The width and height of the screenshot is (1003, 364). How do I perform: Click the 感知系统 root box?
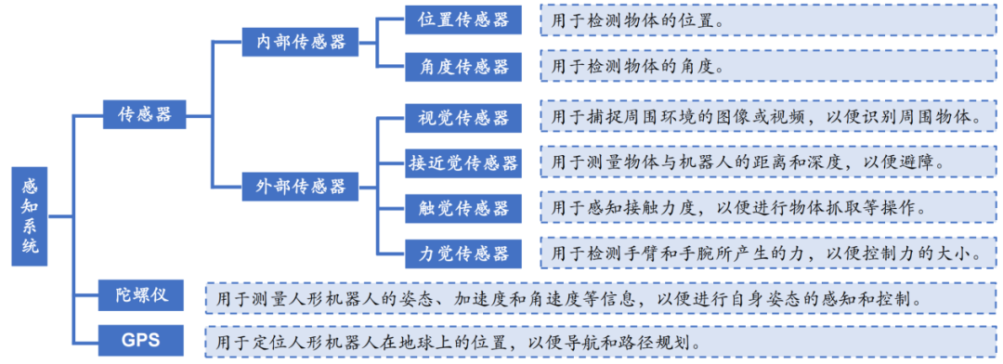click(31, 216)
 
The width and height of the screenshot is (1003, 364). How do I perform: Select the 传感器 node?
click(144, 114)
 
